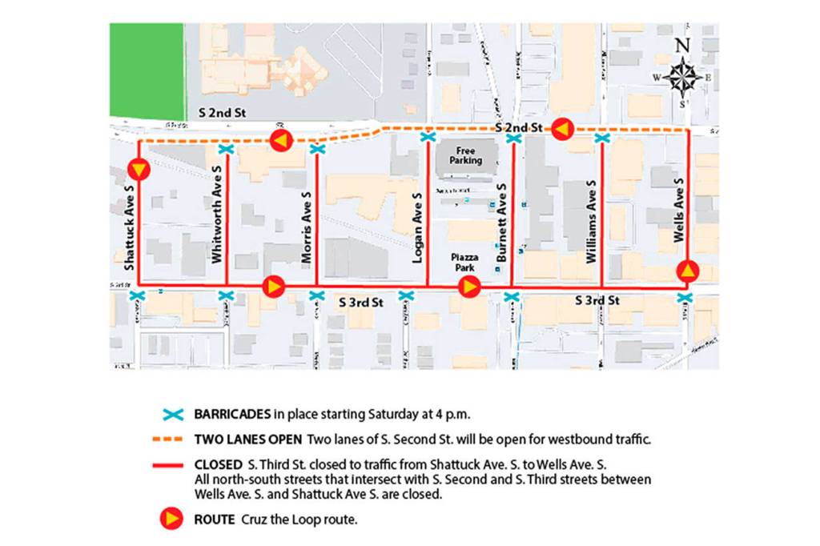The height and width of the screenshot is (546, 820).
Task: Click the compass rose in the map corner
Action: coord(681,77)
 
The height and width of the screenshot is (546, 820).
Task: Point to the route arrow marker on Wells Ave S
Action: coord(688,271)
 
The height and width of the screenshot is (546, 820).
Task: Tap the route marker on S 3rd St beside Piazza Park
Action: coord(468,287)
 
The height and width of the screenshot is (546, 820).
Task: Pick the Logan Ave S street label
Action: coord(416,228)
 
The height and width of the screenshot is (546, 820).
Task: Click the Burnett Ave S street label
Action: coord(501,224)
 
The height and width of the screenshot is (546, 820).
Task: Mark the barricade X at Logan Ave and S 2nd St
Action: coord(428,137)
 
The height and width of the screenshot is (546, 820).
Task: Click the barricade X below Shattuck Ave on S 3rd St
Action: coord(138,297)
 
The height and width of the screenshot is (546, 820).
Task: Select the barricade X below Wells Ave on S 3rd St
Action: coord(685,298)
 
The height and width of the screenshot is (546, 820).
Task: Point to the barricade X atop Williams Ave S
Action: coord(602,139)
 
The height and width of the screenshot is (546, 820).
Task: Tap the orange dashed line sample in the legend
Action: coord(170,440)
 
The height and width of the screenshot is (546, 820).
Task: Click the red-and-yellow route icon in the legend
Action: coord(171,519)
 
